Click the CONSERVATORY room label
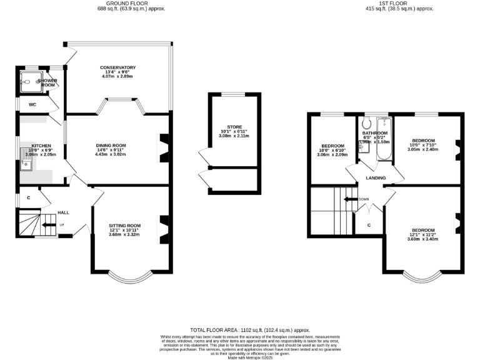click(117, 67)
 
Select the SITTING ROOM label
click(124, 225)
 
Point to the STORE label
click(226, 126)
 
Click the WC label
click(32, 104)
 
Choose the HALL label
click(63, 212)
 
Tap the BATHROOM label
click(375, 133)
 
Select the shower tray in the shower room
click(28, 80)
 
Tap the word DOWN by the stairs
click(364, 199)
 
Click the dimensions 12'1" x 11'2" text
click(422, 234)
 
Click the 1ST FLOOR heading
click(381, 3)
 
